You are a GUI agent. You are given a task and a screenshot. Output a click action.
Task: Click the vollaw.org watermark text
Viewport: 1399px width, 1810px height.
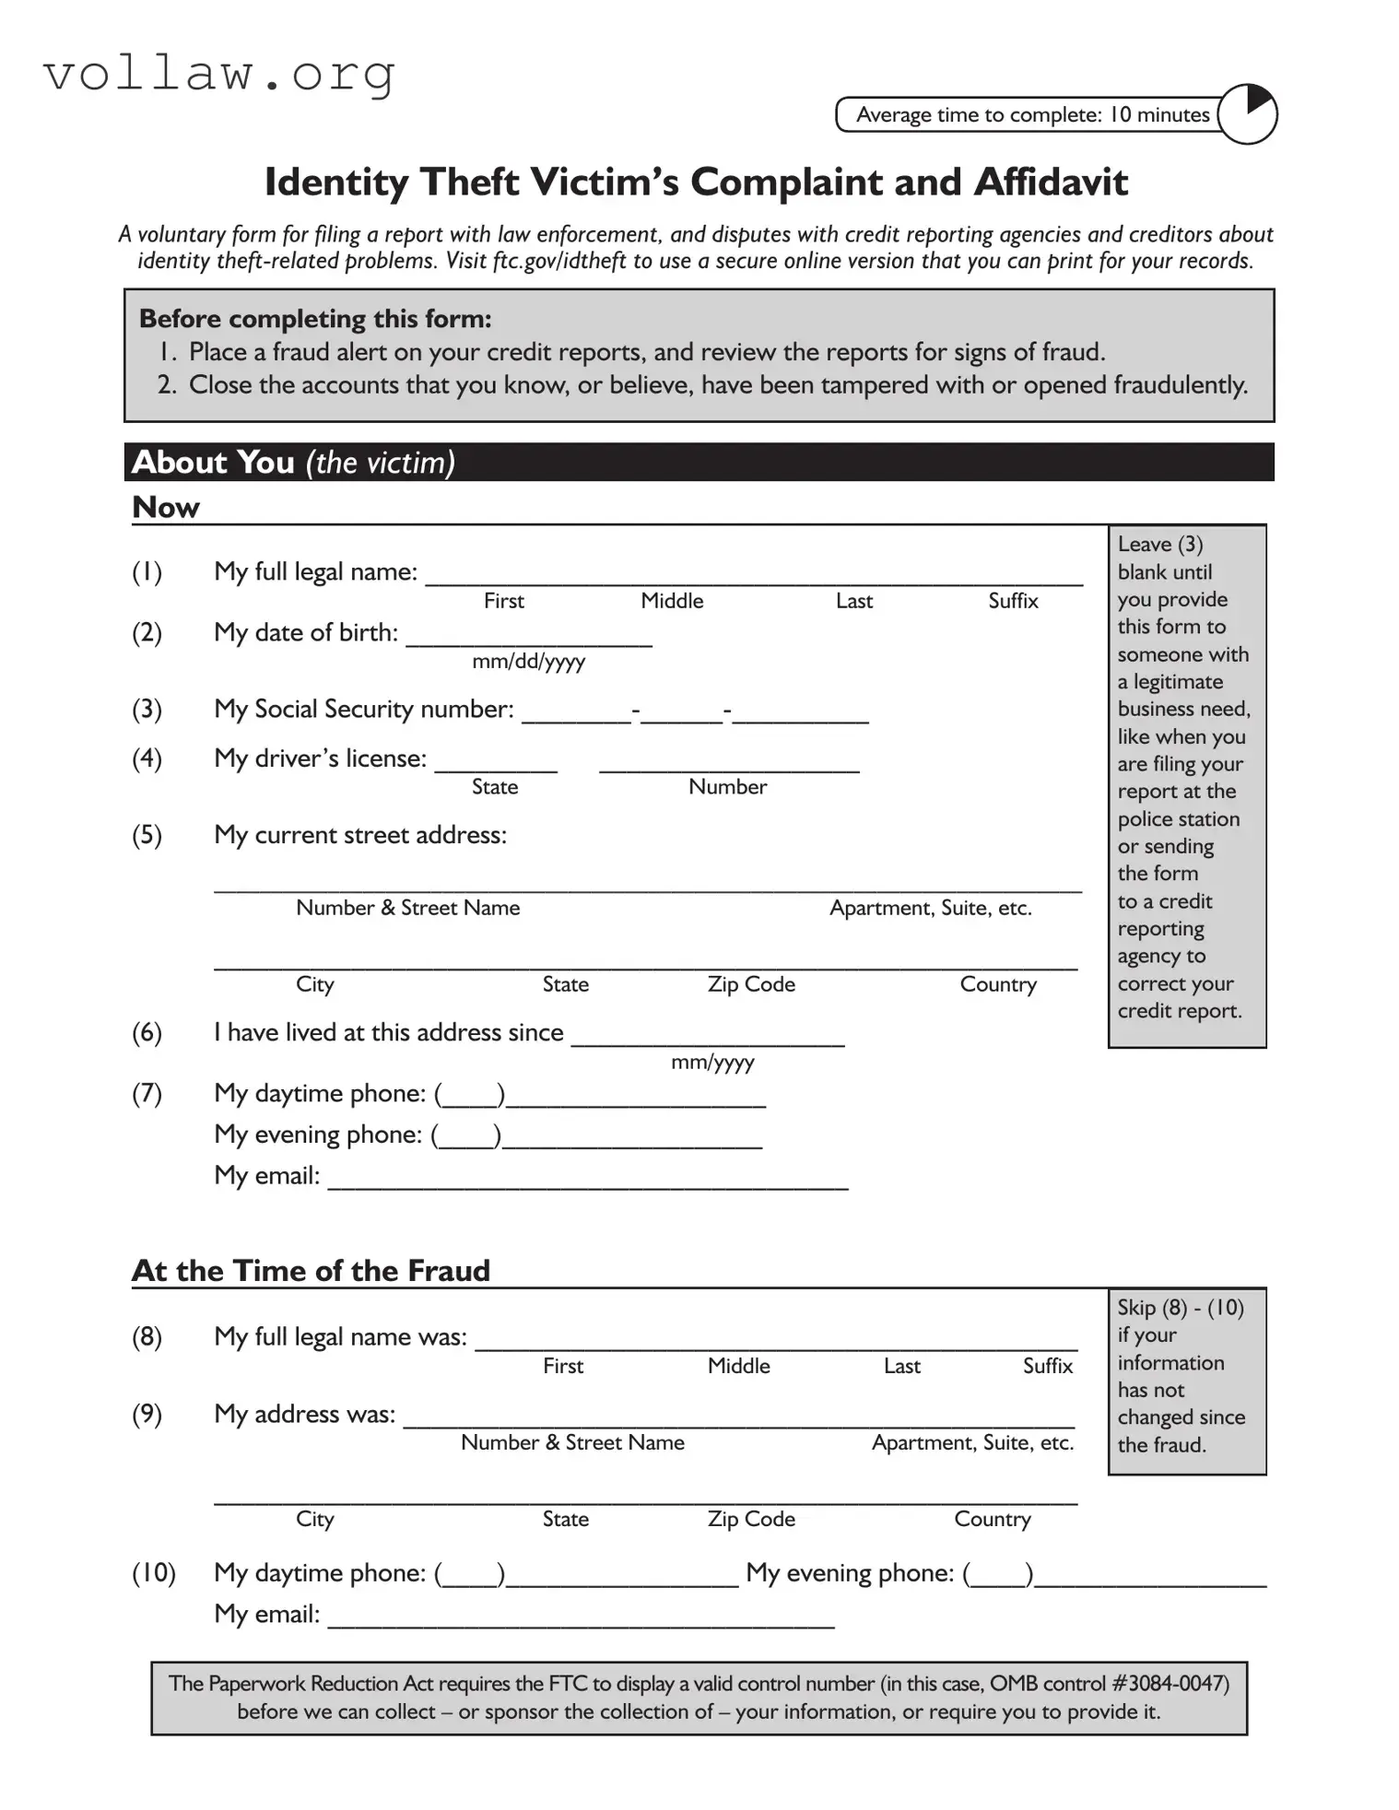[219, 73]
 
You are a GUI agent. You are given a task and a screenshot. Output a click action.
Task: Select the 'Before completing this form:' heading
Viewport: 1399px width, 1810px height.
[315, 319]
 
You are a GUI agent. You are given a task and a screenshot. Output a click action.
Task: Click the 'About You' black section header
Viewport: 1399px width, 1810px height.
[699, 462]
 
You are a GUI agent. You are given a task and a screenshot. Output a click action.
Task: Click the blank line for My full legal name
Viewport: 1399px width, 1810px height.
[752, 576]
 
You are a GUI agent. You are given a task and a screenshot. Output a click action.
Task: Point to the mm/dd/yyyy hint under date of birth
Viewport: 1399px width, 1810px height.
[528, 662]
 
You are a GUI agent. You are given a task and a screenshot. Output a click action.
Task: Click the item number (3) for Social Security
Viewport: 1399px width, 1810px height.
[147, 709]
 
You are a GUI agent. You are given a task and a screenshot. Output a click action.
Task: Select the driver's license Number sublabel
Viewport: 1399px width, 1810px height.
[727, 787]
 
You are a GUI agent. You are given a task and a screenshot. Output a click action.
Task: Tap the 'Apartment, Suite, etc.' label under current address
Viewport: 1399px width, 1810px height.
[930, 908]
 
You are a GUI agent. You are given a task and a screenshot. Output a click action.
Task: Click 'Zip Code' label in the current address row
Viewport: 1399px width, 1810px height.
[751, 984]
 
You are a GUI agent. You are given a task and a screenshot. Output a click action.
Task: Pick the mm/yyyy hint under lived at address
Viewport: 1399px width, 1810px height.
[712, 1062]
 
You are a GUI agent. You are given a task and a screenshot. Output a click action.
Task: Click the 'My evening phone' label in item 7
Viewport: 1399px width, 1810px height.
[318, 1134]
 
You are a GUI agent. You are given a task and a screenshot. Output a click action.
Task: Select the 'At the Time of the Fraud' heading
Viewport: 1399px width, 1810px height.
[311, 1271]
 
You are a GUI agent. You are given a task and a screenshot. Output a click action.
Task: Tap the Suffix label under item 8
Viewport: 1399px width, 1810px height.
[1047, 1366]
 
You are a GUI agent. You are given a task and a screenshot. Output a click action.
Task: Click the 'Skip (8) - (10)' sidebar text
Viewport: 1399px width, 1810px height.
[1180, 1308]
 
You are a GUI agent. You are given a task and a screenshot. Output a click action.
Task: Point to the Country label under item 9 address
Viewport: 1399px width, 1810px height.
[992, 1519]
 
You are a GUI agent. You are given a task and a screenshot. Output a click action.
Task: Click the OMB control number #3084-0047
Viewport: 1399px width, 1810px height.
[1169, 1684]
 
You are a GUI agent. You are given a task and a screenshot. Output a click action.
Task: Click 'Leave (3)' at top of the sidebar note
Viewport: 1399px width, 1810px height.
[1159, 545]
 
